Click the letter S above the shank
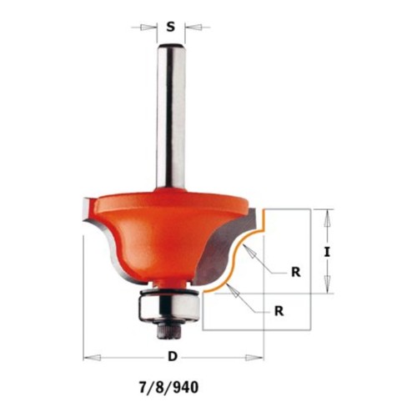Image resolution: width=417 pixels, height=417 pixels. point(171,28)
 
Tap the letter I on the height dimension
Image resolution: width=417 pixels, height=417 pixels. point(327,252)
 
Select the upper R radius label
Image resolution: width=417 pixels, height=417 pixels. point(296,272)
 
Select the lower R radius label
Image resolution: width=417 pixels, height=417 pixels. point(279,311)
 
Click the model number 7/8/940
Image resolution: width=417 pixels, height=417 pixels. point(168,387)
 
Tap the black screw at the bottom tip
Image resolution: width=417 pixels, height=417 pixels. point(169,331)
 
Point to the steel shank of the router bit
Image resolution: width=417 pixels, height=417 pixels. point(171,116)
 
